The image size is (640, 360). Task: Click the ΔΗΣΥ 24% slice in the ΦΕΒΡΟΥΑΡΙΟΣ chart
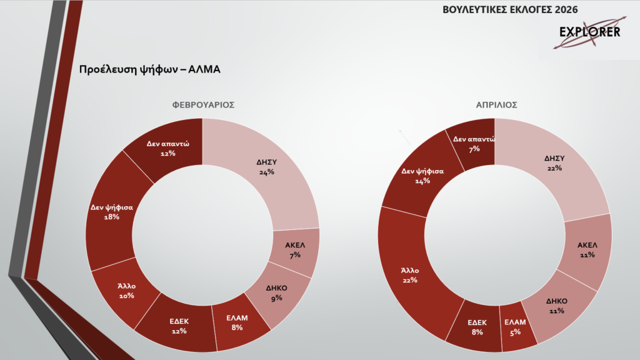[x=266, y=167]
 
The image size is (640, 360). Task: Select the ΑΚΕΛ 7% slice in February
[x=293, y=249]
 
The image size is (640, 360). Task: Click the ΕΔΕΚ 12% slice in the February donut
[x=179, y=326]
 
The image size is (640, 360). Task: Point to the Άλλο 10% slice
[x=126, y=291]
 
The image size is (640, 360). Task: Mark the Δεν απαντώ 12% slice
[x=167, y=147]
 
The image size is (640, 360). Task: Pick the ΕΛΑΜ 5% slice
[x=516, y=327]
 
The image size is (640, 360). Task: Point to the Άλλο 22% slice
[x=410, y=275]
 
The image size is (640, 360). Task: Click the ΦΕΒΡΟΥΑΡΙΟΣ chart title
[x=203, y=105]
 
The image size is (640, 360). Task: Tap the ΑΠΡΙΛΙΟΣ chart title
[x=496, y=105]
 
